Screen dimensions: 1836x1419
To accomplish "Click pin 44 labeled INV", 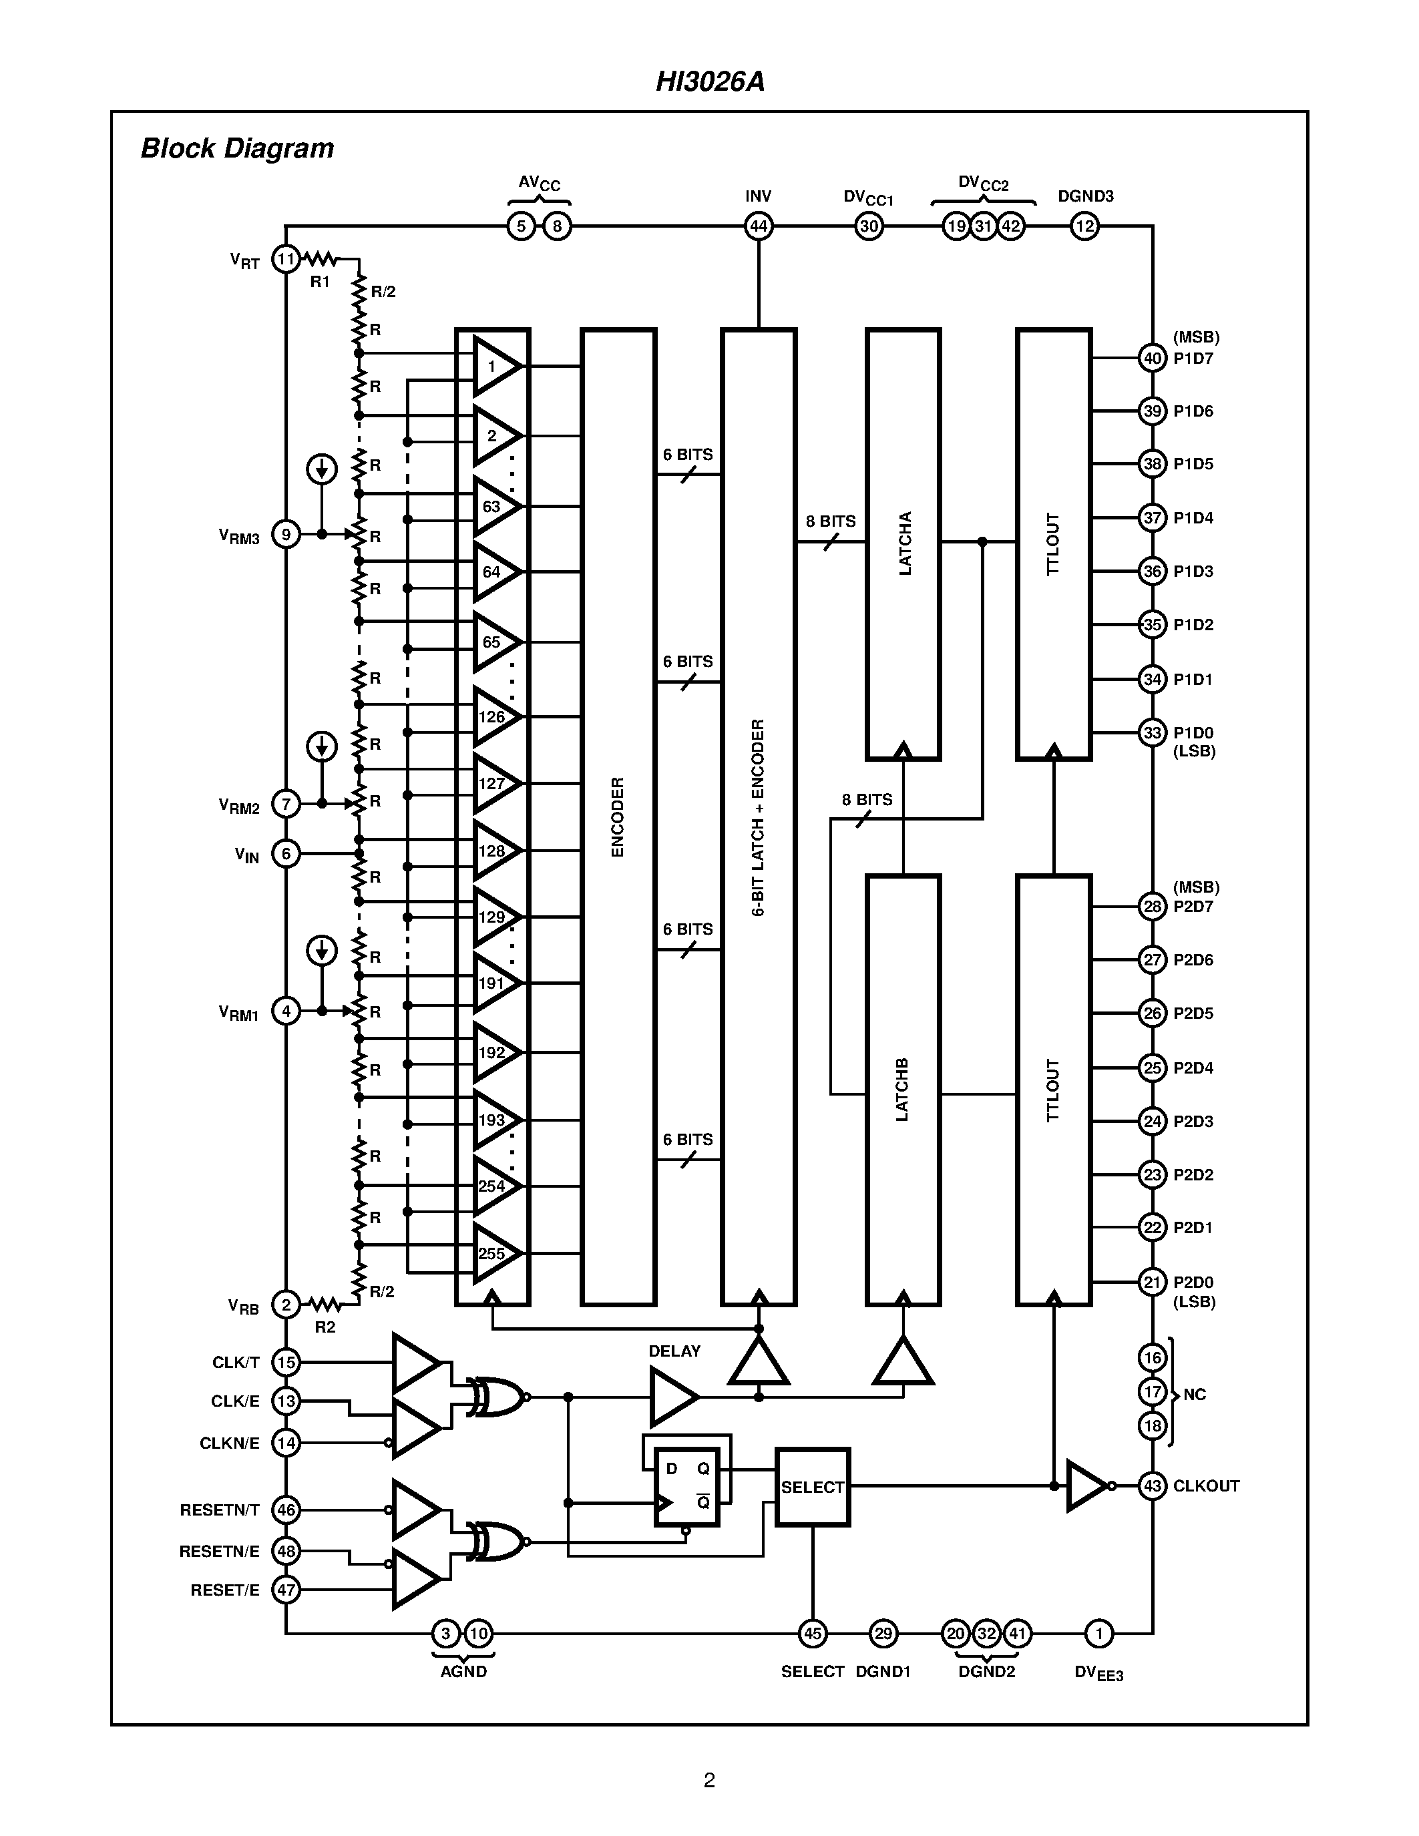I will click(x=759, y=226).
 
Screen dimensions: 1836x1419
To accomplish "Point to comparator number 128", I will click(x=493, y=851).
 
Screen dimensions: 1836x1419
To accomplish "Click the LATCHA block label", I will click(x=905, y=544).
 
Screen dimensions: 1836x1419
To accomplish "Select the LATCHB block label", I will click(x=903, y=1090).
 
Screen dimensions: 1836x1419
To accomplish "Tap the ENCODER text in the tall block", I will click(x=618, y=817).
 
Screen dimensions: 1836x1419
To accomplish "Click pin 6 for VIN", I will click(x=286, y=854).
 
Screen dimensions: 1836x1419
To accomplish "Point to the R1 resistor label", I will click(x=319, y=282).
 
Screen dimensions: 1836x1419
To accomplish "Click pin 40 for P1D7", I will click(x=1152, y=358).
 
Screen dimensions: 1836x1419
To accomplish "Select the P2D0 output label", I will click(x=1193, y=1282).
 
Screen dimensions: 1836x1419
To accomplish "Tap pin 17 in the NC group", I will click(x=1152, y=1391).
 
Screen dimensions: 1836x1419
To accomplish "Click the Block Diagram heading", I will click(x=237, y=148).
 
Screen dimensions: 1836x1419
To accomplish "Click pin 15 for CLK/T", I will click(x=286, y=1362).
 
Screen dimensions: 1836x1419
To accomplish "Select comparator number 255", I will click(x=493, y=1253).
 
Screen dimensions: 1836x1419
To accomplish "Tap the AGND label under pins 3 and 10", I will click(x=463, y=1671).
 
